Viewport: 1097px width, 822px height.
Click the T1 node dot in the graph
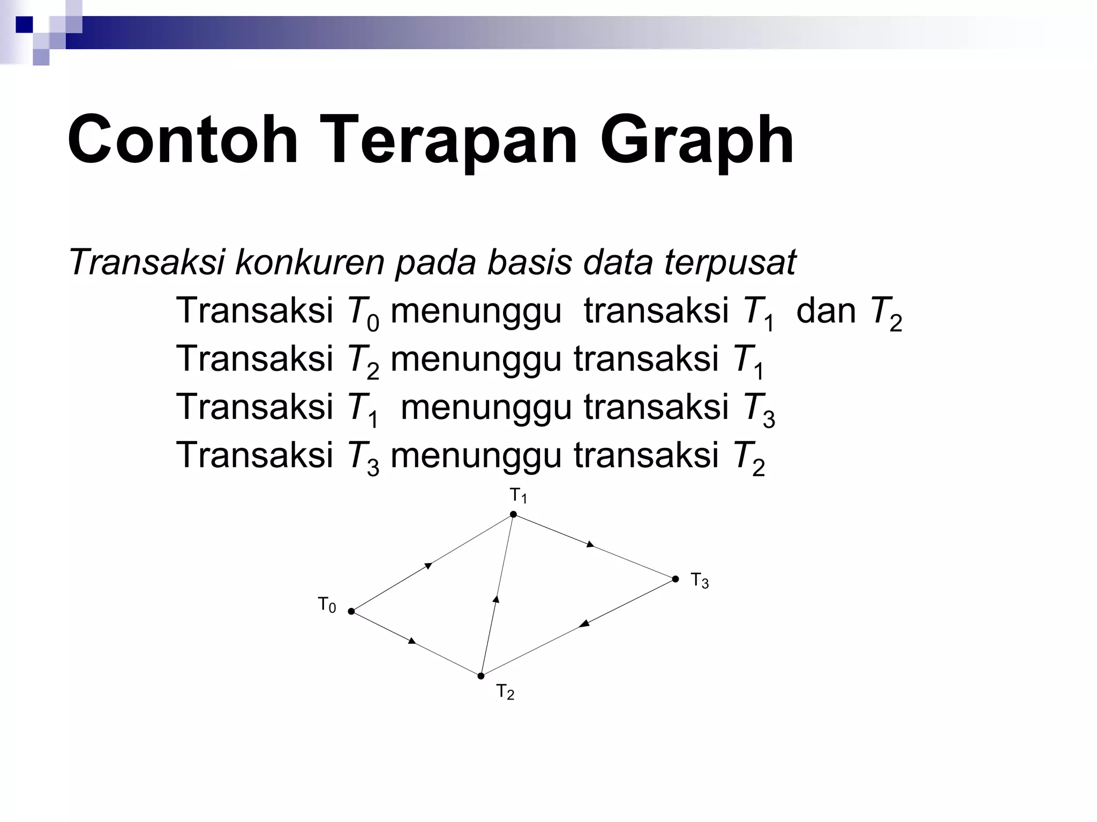(513, 514)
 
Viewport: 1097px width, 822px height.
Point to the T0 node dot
(351, 611)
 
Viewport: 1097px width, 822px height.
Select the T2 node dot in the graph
(481, 676)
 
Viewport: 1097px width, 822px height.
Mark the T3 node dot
(675, 579)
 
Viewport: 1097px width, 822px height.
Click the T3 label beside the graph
(700, 580)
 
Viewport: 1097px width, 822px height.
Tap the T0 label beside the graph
(327, 605)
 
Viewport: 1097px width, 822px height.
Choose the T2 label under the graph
(505, 692)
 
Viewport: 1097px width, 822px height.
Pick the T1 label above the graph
(518, 496)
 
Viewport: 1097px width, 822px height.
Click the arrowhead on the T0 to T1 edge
(428, 565)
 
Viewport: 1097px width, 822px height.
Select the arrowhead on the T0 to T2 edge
(412, 641)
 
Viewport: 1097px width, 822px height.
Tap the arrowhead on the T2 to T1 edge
(496, 599)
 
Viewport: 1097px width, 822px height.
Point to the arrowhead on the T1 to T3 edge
(590, 544)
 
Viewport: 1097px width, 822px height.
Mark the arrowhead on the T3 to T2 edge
(584, 624)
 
